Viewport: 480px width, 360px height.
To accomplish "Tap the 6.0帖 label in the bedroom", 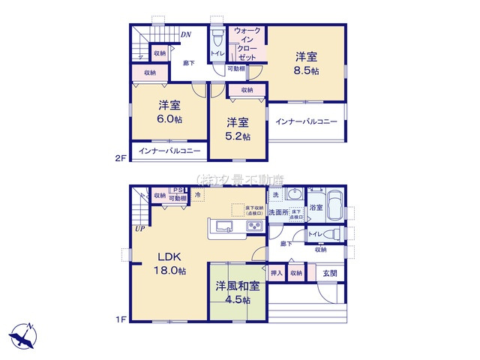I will [167, 118].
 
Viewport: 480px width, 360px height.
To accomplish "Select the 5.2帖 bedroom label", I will [237, 136].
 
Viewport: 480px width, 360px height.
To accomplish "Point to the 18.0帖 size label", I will [171, 270].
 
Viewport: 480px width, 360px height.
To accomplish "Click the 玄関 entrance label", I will [330, 273].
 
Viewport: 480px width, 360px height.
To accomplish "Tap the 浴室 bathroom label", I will [316, 207].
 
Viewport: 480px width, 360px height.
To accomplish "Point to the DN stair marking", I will [185, 34].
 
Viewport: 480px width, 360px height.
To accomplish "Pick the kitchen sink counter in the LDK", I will [235, 226].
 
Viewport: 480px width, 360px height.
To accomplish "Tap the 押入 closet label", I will [276, 273].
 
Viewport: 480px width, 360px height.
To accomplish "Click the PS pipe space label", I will [178, 190].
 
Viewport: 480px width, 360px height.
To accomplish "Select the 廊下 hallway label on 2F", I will [189, 64].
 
